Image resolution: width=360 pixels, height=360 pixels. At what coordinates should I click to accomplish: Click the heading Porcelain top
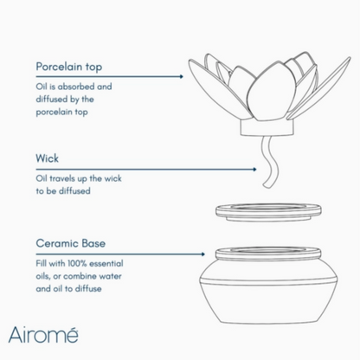[x=69, y=67]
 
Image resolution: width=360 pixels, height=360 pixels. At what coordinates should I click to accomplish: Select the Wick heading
[x=48, y=158]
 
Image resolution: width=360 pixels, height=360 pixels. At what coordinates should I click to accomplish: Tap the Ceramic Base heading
[x=71, y=243]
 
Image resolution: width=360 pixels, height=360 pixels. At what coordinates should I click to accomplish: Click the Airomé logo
[x=43, y=335]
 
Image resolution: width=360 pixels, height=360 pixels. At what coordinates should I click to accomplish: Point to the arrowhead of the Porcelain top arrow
[x=181, y=76]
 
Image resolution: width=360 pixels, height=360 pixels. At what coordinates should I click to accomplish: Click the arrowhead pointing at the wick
[x=254, y=170]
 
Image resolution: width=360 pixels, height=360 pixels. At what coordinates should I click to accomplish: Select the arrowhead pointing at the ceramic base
[x=202, y=254]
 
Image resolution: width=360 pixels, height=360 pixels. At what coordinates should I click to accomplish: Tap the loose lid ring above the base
[x=268, y=212]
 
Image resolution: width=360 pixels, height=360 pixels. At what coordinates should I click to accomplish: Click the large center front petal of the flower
[x=271, y=93]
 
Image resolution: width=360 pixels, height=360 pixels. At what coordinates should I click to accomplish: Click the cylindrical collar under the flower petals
[x=267, y=128]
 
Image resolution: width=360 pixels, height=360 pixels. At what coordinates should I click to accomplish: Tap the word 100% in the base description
[x=77, y=263]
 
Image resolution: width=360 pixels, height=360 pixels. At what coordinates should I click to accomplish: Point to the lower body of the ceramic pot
[x=268, y=303]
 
